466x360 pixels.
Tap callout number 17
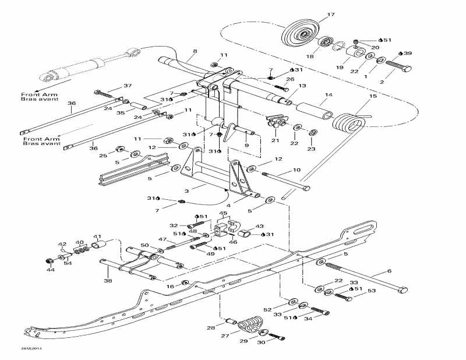coord(331,14)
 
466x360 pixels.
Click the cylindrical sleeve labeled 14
coord(315,109)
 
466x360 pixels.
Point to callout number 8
coord(195,51)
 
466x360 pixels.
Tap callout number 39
coord(408,53)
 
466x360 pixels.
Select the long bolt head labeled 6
coord(402,289)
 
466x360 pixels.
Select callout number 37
coord(127,86)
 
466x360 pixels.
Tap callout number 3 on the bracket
coord(187,190)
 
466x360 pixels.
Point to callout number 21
coord(274,140)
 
